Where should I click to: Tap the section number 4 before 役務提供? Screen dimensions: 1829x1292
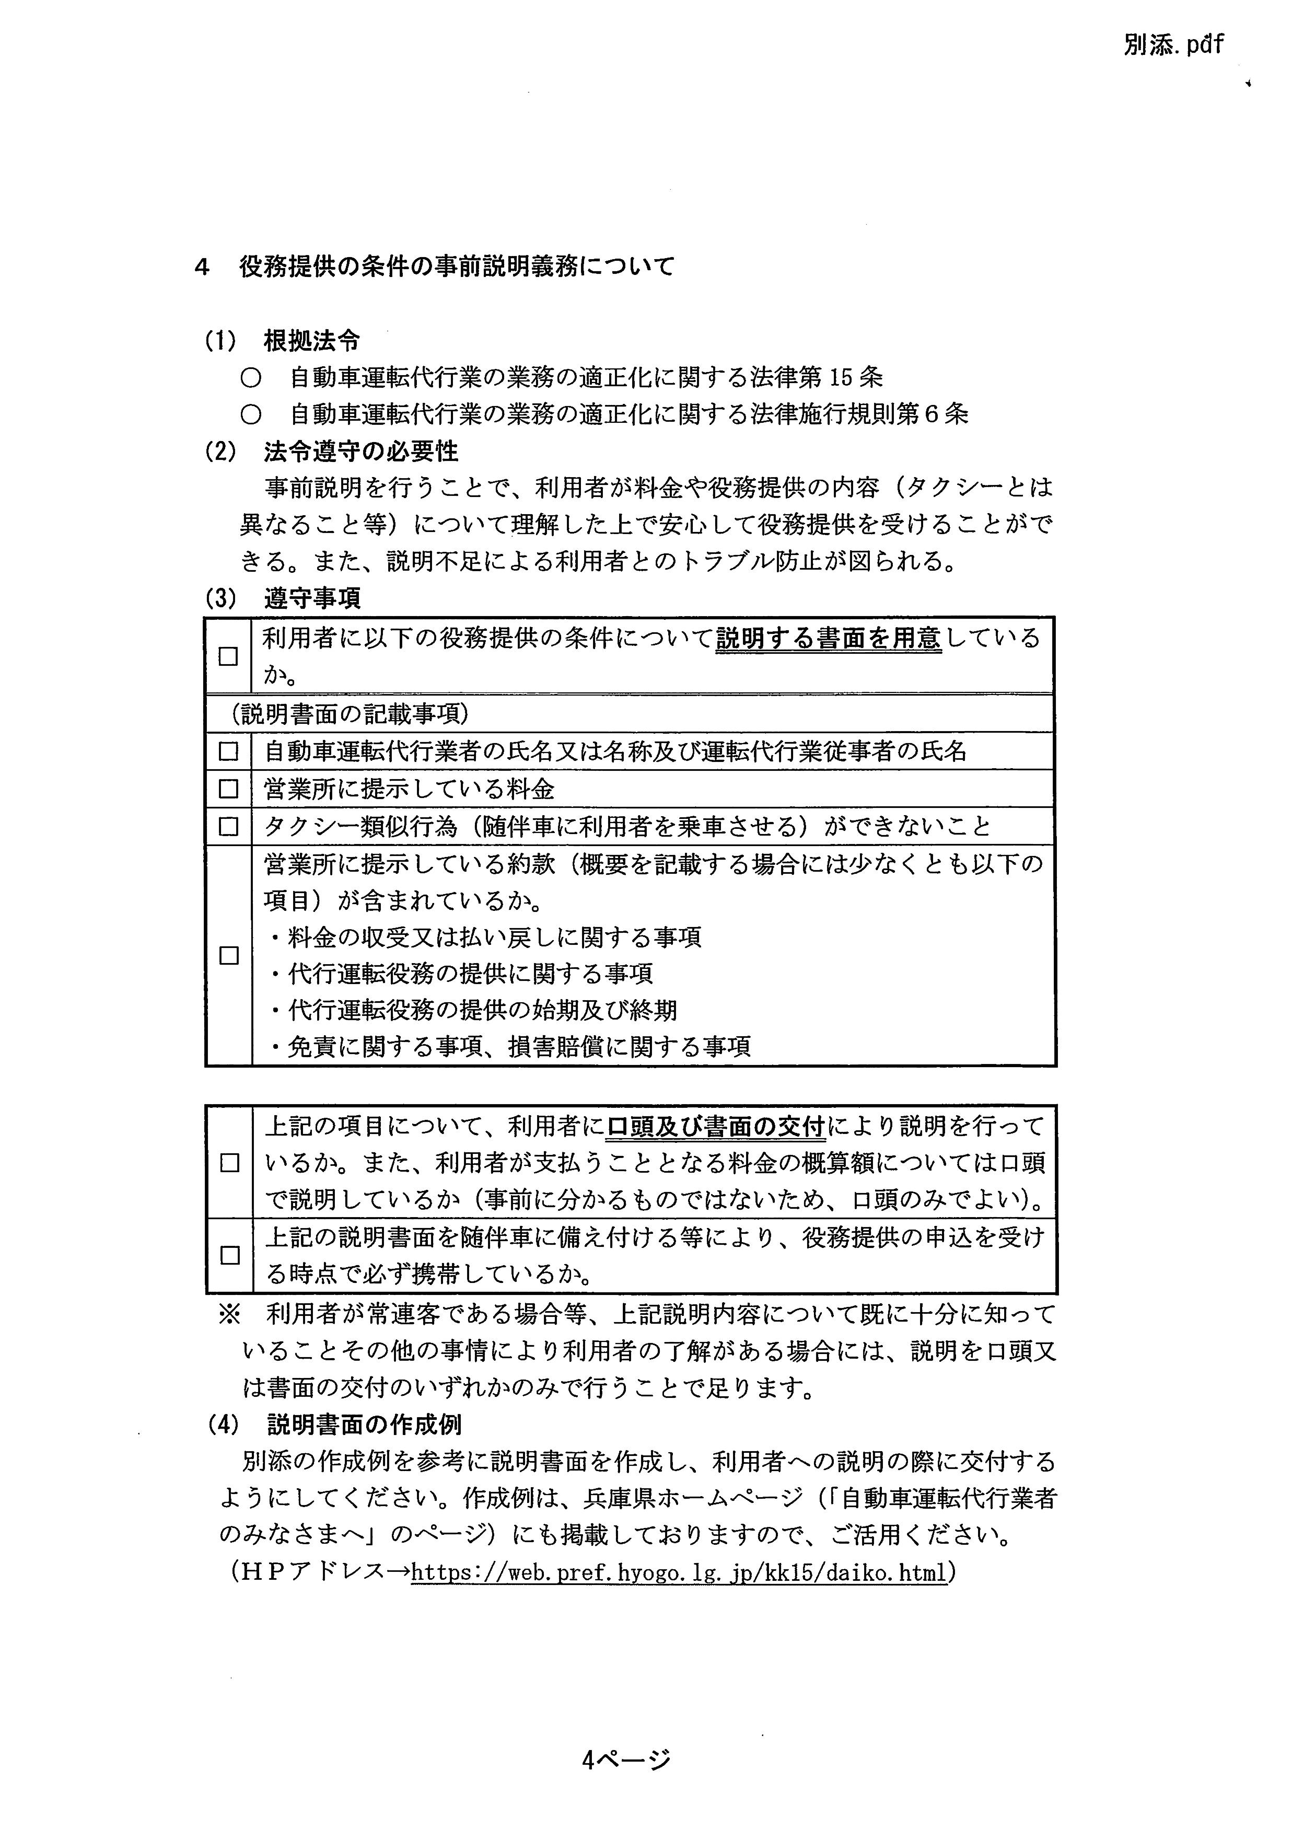[202, 268]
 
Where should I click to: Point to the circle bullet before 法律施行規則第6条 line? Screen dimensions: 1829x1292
[252, 415]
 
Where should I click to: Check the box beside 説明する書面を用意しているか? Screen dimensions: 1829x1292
[229, 656]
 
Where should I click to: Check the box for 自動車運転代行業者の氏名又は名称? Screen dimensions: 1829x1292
[229, 751]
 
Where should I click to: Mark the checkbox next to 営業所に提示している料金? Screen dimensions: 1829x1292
[229, 789]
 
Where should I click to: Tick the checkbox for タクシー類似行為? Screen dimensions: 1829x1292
[229, 827]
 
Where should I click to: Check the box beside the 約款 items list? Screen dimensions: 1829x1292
[229, 956]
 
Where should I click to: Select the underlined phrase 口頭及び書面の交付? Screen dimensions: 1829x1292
[716, 1127]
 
